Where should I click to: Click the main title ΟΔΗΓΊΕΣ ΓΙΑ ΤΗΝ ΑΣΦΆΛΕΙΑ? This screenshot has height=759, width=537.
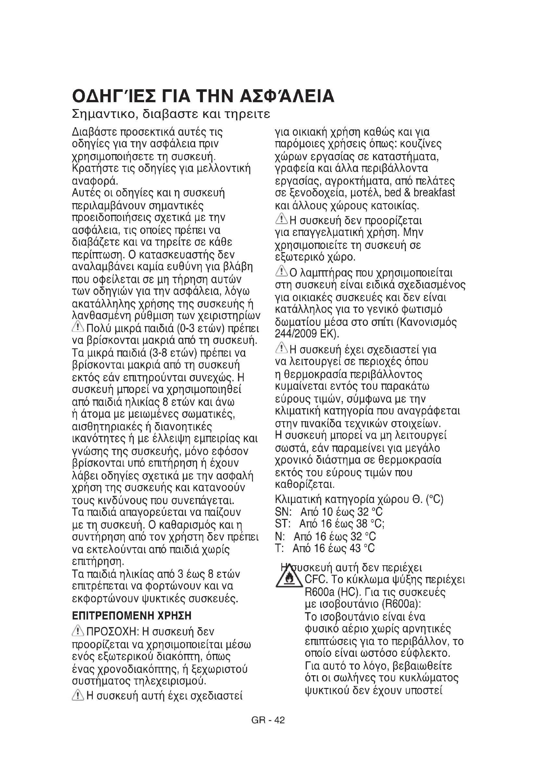203,96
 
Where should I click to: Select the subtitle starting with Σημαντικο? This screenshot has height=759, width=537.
171,114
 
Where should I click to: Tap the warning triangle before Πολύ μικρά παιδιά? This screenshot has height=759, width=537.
78,327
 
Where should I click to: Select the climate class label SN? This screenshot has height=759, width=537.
283,512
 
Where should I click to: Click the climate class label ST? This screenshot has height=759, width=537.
282,524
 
